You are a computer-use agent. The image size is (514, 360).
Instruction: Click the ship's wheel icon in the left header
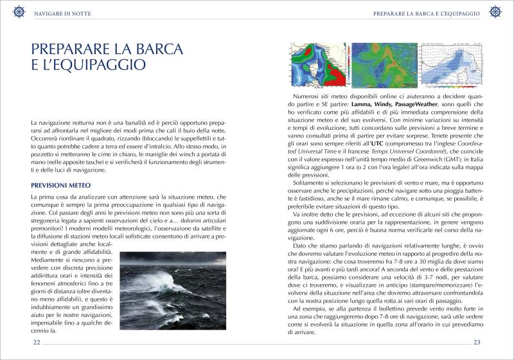[x=19, y=12]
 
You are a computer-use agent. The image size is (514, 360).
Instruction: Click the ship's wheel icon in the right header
[x=495, y=12]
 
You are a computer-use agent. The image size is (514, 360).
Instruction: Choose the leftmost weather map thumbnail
[x=316, y=64]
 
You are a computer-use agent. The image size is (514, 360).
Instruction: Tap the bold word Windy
[x=391, y=104]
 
